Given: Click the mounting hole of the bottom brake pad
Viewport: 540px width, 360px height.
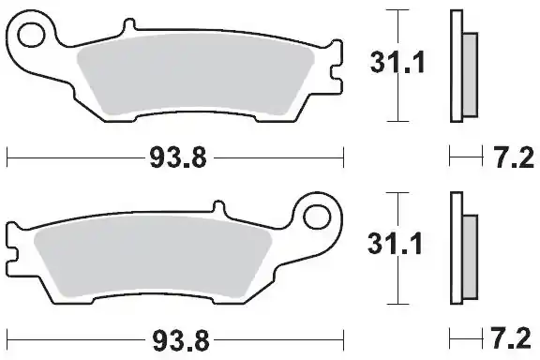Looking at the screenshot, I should click(317, 218).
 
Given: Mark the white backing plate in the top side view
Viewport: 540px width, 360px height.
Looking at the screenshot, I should click(457, 66).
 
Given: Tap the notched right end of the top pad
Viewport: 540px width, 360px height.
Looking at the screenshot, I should click(333, 77).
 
